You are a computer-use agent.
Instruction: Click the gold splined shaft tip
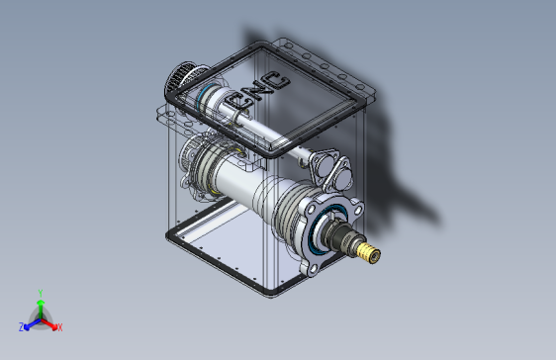pyautogui.click(x=370, y=252)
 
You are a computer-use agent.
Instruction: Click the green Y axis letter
pyautogui.click(x=41, y=294)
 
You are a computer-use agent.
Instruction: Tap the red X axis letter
pyautogui.click(x=60, y=327)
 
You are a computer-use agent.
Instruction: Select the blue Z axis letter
pyautogui.click(x=22, y=326)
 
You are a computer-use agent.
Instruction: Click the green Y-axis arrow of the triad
pyautogui.click(x=41, y=309)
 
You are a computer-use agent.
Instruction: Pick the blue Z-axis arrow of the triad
pyautogui.click(x=33, y=323)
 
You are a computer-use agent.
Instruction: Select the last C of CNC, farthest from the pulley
pyautogui.click(x=275, y=82)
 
